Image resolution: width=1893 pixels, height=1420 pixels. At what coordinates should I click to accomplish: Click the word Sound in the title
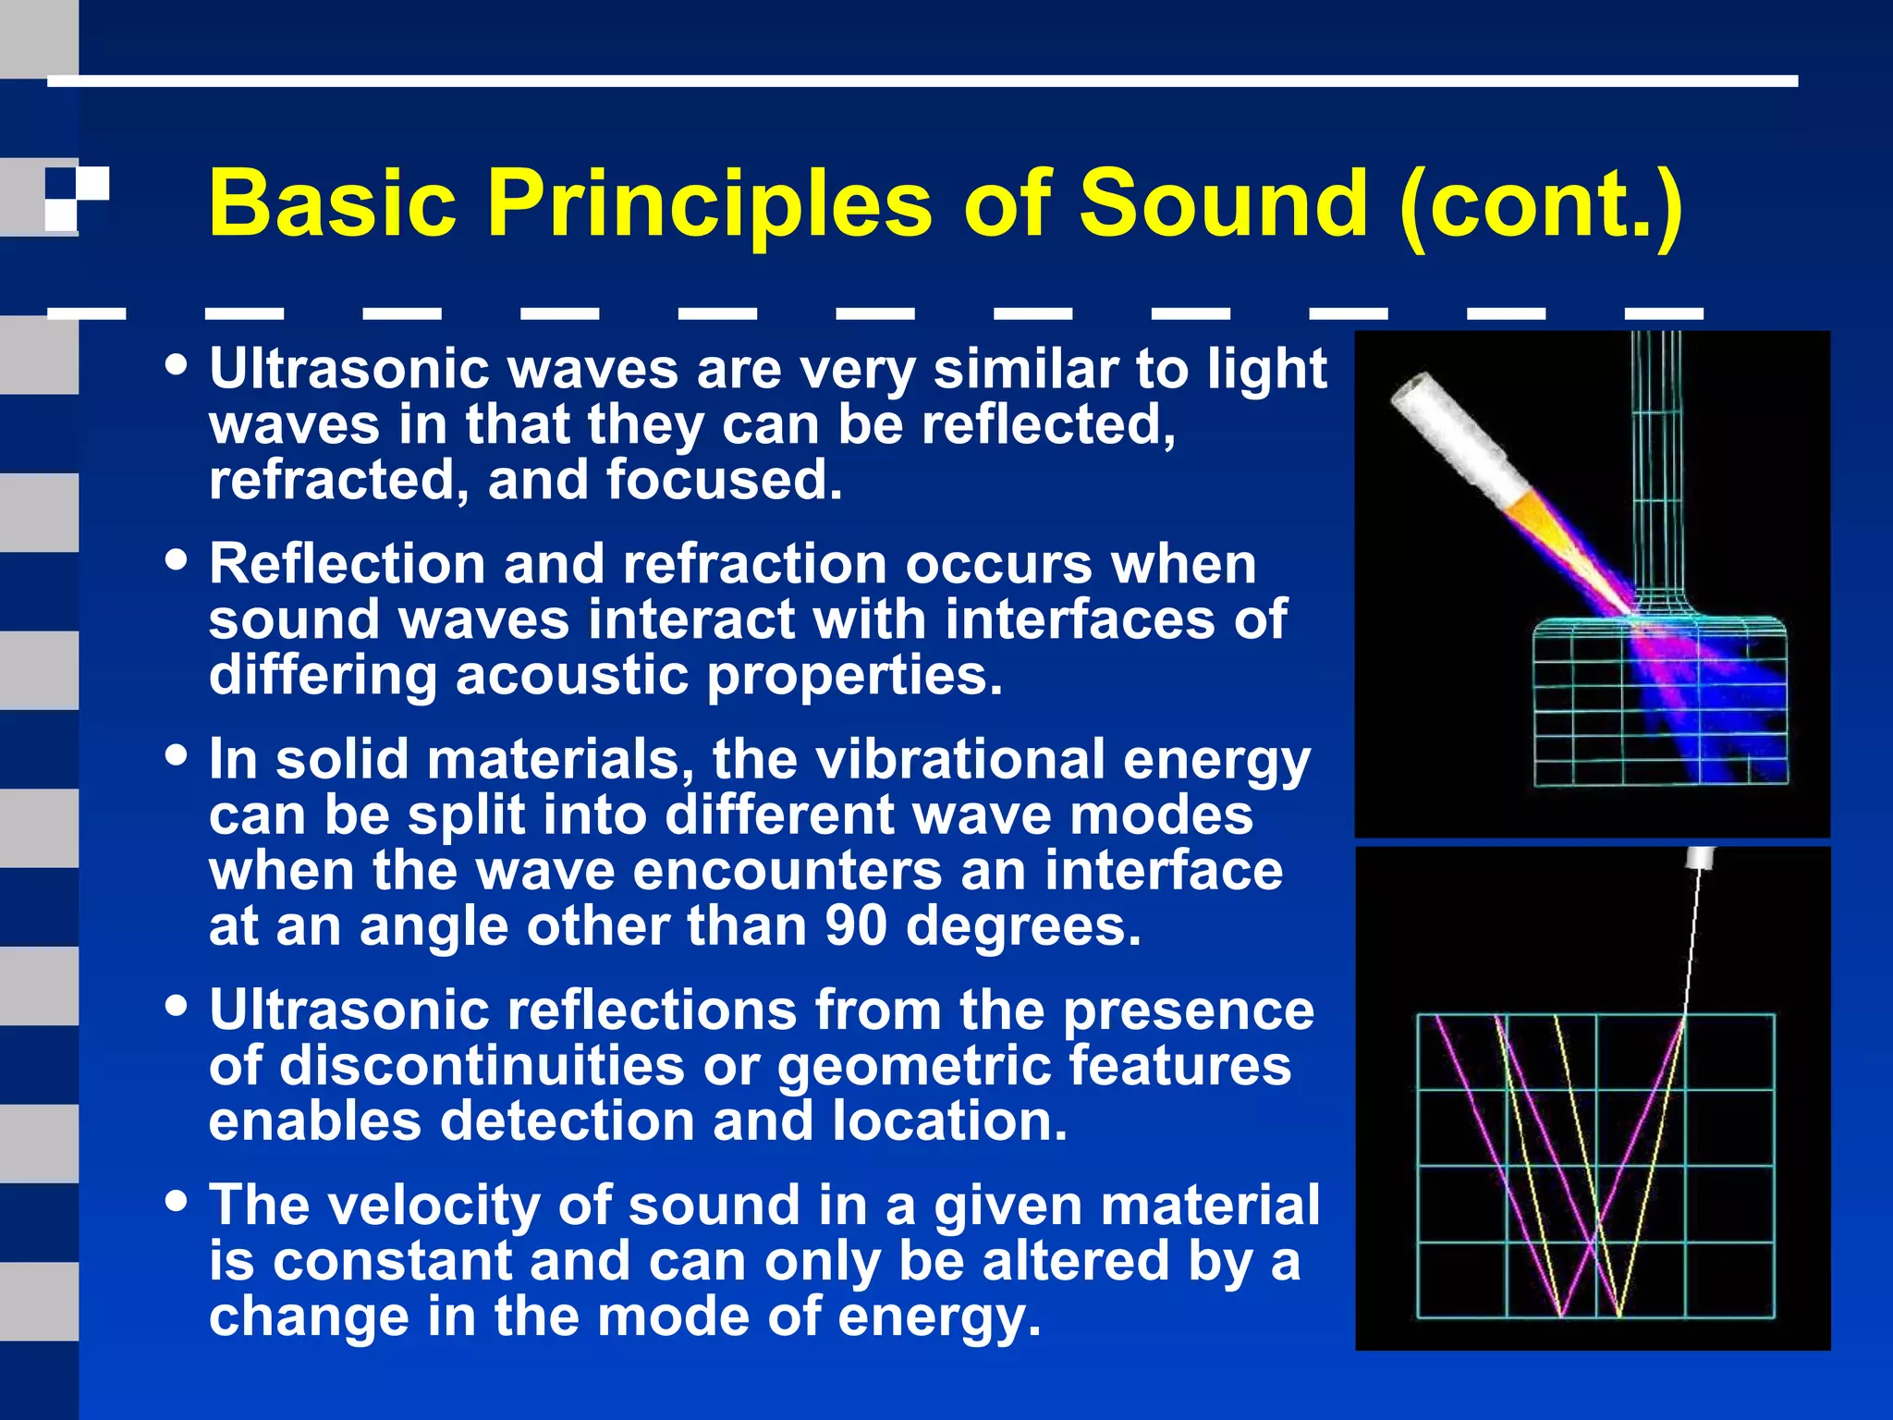pos(1223,202)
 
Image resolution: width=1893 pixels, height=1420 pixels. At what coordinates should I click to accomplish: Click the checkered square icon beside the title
pos(77,198)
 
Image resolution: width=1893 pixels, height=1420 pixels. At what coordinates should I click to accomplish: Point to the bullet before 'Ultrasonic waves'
pos(176,364)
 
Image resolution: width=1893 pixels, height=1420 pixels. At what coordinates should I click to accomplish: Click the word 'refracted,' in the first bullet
pos(338,481)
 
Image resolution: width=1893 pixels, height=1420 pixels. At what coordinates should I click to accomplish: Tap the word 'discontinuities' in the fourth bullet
pos(482,1066)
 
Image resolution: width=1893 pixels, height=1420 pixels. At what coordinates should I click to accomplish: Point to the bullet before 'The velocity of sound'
pos(176,1201)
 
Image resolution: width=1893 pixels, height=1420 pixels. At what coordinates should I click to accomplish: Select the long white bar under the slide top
pos(922,81)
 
